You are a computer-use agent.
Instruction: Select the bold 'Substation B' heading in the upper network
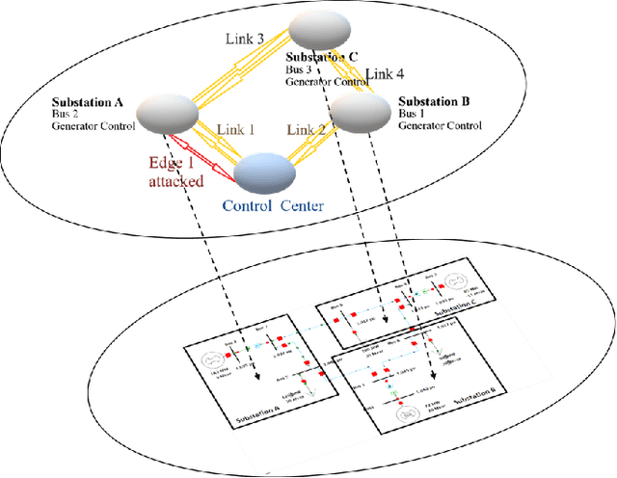click(433, 99)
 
